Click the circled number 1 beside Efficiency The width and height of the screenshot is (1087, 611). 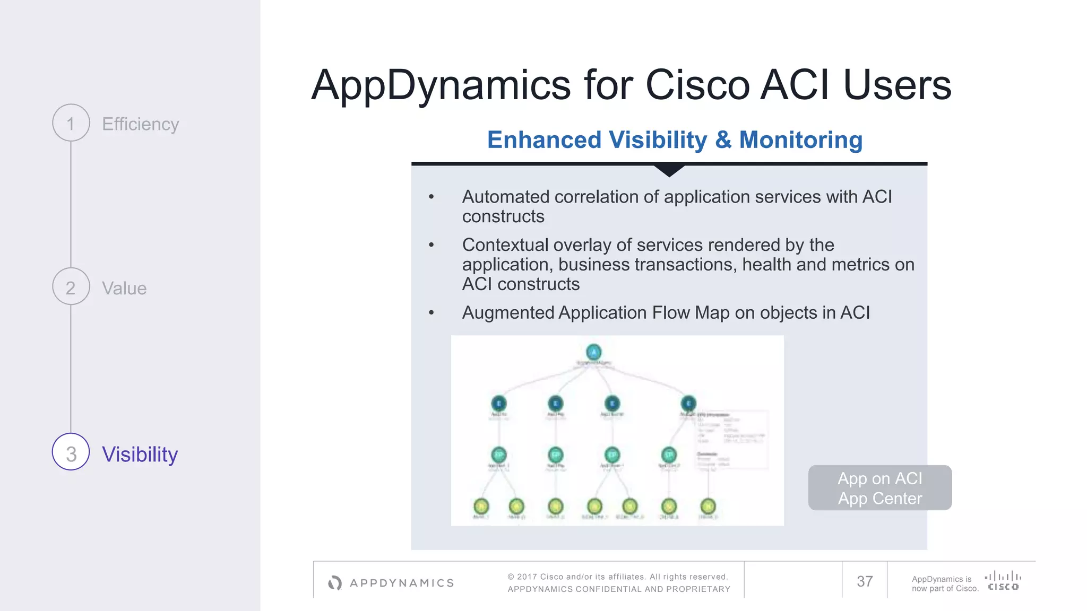[x=71, y=123]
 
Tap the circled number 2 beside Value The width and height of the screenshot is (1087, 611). [x=71, y=287]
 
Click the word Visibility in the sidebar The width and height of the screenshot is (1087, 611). [x=140, y=455]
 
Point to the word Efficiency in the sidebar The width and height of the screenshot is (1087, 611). [x=140, y=124]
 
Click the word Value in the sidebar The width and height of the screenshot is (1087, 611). [x=124, y=289]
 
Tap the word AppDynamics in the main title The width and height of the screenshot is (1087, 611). [x=441, y=86]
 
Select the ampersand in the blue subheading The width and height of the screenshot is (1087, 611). [x=723, y=140]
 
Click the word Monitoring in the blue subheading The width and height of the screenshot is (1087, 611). [x=800, y=140]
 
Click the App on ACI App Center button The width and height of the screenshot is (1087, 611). [x=879, y=488]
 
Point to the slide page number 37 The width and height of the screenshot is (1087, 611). [x=865, y=581]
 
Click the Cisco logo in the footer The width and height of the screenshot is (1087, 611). [x=1003, y=581]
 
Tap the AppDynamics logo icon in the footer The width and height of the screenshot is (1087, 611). [x=335, y=583]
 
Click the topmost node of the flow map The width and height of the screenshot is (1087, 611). [x=593, y=352]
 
